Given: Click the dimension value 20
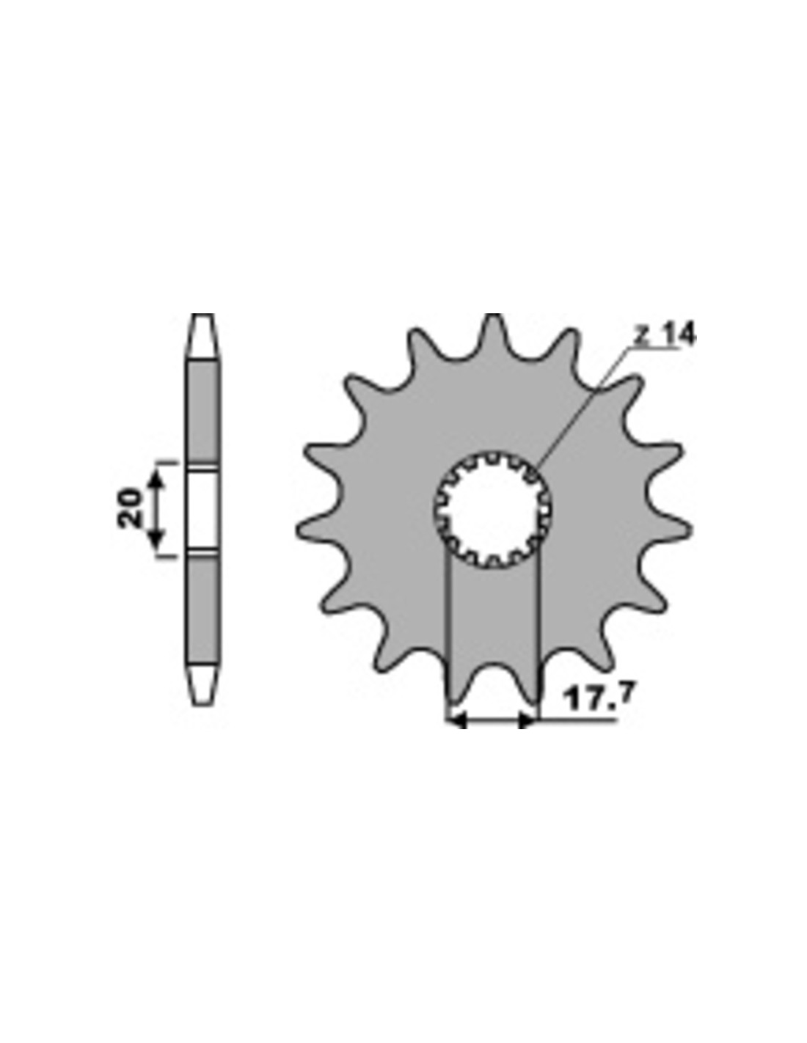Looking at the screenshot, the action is click(x=130, y=508).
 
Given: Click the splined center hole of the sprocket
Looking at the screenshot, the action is click(x=493, y=510).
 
